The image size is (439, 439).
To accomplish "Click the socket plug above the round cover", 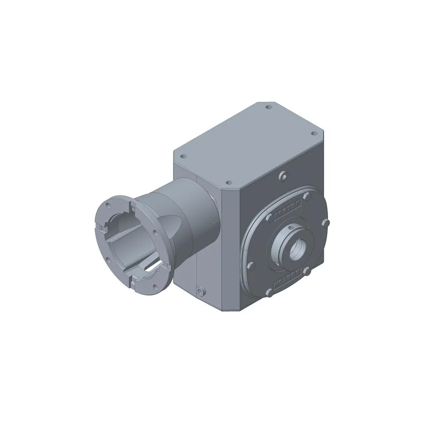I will pyautogui.click(x=284, y=176).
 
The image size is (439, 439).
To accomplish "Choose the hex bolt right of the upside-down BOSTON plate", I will pyautogui.click(x=308, y=273).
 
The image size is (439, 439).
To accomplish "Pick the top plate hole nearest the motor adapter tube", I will pyautogui.click(x=184, y=156).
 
